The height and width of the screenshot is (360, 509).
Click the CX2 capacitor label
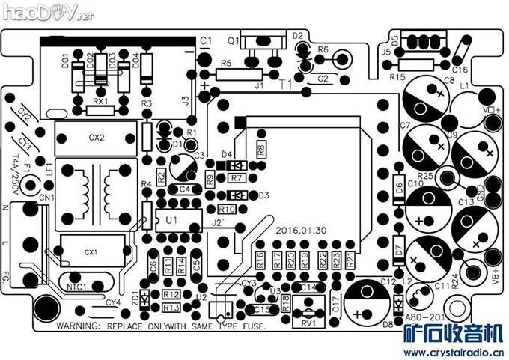[97, 138]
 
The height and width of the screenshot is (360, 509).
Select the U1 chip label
[171, 220]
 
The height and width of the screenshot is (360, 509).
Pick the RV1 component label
[307, 323]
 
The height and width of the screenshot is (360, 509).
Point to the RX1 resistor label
[100, 100]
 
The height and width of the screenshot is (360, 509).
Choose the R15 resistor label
[397, 76]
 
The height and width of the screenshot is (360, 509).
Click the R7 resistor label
[236, 178]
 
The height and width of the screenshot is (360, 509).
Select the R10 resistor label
[228, 209]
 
